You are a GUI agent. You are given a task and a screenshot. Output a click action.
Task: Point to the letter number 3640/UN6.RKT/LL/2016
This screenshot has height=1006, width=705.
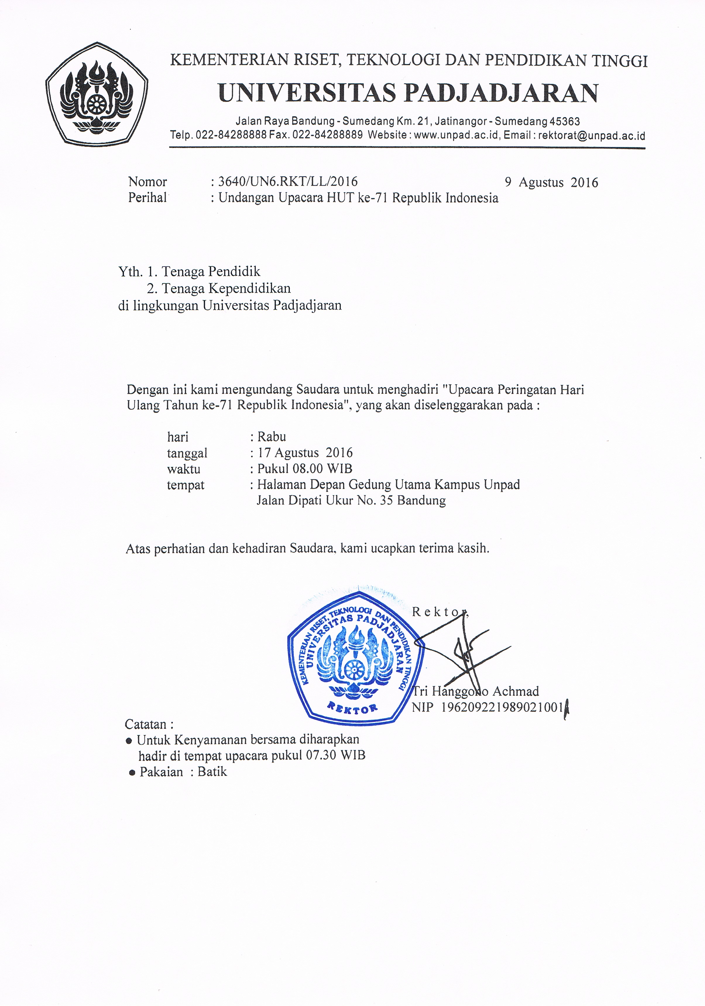288,181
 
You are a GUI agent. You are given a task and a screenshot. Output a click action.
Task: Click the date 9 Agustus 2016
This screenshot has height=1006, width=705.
551,182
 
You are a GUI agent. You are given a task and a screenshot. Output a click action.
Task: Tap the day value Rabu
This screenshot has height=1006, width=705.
272,437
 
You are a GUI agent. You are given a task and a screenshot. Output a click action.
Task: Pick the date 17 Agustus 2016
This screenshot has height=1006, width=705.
305,453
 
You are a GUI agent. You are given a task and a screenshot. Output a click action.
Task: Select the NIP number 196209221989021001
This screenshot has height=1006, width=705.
502,707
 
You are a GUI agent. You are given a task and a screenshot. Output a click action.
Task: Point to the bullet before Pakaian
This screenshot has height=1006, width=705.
132,772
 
